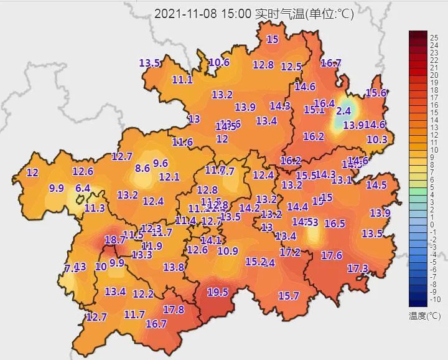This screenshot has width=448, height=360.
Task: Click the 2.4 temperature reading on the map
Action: (343, 111)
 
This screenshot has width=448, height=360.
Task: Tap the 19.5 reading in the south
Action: (218, 291)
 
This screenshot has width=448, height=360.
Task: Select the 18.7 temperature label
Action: (115, 240)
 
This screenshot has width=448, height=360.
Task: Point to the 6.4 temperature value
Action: (83, 188)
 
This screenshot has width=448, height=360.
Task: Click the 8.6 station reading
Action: (142, 168)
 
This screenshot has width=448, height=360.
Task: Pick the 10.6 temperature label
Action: (219, 62)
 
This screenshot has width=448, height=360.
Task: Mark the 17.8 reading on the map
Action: (174, 310)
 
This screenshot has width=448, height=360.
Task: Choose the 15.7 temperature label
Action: (289, 296)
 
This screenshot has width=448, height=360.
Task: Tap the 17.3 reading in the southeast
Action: (358, 268)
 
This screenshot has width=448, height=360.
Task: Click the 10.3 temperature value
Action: (377, 140)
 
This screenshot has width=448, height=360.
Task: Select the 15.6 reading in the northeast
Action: (376, 93)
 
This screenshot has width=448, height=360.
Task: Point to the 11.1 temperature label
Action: (182, 80)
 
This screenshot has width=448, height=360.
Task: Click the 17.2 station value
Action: (290, 252)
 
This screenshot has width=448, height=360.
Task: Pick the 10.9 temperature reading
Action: (228, 251)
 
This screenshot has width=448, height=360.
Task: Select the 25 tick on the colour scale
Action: (434, 37)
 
